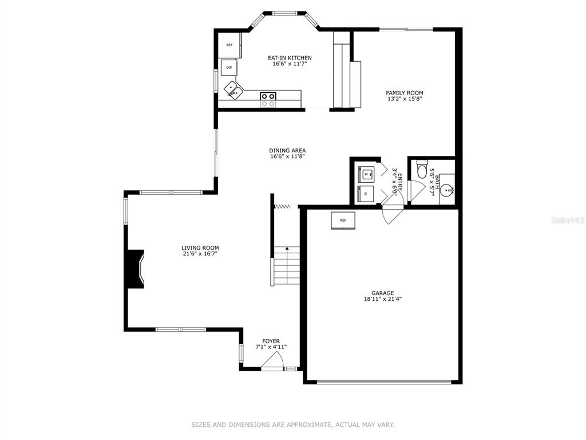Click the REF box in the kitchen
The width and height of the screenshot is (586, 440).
pyautogui.click(x=229, y=45)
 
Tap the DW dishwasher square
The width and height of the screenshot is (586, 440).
pyautogui.click(x=229, y=68)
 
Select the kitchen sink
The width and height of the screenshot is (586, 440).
pyautogui.click(x=233, y=91)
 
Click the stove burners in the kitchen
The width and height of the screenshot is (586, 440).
pyautogui.click(x=268, y=99)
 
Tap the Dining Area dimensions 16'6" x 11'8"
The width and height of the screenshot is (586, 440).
pyautogui.click(x=288, y=157)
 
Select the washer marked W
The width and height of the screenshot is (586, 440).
pyautogui.click(x=366, y=174)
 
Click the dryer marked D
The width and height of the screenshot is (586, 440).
pyautogui.click(x=366, y=194)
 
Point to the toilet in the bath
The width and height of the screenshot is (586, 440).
pyautogui.click(x=422, y=170)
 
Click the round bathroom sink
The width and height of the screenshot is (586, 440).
pyautogui.click(x=446, y=191)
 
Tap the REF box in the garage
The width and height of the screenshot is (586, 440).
pyautogui.click(x=343, y=221)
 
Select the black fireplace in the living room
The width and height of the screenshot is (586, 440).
pyautogui.click(x=135, y=269)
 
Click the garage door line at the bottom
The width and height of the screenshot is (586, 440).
pyautogui.click(x=384, y=382)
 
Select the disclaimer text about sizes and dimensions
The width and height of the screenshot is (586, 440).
pyautogui.click(x=293, y=425)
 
